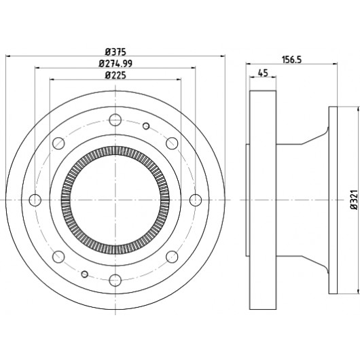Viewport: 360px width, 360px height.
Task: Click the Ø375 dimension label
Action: [115, 52]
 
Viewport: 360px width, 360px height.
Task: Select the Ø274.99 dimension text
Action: [115, 64]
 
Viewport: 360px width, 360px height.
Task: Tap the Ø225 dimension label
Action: [115, 75]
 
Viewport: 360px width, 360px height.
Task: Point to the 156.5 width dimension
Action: [291, 60]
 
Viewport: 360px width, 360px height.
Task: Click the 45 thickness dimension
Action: [263, 73]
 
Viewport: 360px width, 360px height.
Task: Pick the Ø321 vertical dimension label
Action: [355, 200]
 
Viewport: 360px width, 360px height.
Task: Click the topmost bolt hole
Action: [115, 120]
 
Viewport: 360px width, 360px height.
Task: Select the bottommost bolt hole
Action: [115, 280]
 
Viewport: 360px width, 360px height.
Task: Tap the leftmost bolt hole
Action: [35, 200]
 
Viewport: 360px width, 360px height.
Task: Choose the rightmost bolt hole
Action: [196, 200]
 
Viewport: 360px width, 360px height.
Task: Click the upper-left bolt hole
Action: [58, 143]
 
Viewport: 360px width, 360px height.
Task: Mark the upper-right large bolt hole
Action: [172, 143]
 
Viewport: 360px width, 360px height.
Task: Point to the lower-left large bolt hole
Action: [58, 257]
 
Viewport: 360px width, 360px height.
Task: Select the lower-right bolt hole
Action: [172, 257]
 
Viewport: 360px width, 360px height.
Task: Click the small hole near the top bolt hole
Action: [146, 126]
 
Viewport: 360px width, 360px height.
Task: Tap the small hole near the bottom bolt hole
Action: [85, 274]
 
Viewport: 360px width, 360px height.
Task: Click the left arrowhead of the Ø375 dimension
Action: [7, 56]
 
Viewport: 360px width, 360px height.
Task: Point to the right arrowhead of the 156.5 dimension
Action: [335, 64]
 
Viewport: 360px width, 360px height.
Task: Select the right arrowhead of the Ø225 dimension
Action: [179, 79]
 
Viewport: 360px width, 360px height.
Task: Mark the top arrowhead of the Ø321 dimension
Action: [358, 109]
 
